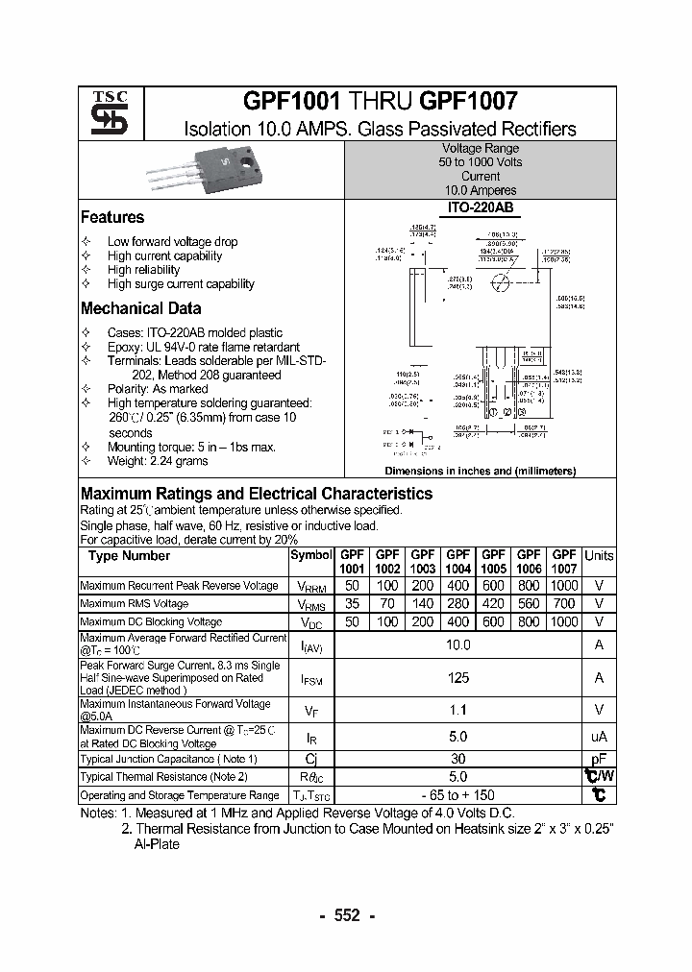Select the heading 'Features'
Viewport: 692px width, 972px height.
[112, 218]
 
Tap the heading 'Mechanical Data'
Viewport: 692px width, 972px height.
[140, 309]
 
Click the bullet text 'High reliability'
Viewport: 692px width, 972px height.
[143, 270]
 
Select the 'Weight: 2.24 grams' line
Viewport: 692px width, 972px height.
[158, 461]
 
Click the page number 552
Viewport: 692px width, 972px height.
[346, 915]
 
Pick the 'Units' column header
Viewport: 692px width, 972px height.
[599, 556]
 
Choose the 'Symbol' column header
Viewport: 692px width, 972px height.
[310, 556]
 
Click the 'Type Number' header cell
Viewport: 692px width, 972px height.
[129, 556]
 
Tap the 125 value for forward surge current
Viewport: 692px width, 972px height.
[458, 678]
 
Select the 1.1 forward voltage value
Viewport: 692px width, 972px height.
[458, 711]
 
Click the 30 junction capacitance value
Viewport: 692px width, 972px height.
[458, 758]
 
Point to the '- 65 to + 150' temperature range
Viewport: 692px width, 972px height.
[458, 795]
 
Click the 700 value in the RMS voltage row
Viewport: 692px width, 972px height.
[564, 604]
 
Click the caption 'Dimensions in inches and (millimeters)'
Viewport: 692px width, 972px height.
[480, 472]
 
